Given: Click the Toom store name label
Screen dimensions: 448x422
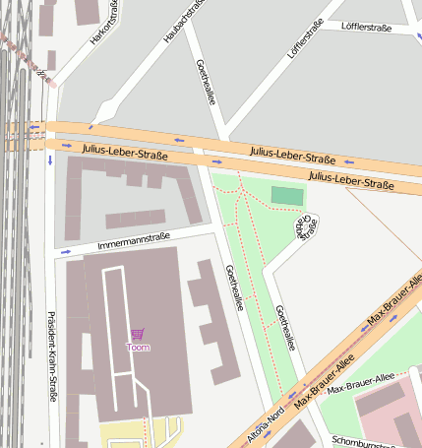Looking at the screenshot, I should point(138,348).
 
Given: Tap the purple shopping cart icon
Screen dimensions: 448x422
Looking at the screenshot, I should point(137,335).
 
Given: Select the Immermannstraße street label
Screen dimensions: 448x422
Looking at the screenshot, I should point(134,240).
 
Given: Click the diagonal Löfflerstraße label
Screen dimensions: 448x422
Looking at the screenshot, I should point(304,55).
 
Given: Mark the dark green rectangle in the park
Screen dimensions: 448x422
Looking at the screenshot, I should point(287,196).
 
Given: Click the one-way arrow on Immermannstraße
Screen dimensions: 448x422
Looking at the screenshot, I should point(66,251).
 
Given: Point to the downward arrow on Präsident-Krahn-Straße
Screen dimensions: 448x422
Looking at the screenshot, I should point(49,160).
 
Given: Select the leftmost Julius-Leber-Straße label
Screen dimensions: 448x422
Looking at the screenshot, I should point(125,152).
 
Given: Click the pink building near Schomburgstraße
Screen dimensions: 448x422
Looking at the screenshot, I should point(384,414).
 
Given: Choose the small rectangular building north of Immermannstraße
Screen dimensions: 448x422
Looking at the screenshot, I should point(135,219).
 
